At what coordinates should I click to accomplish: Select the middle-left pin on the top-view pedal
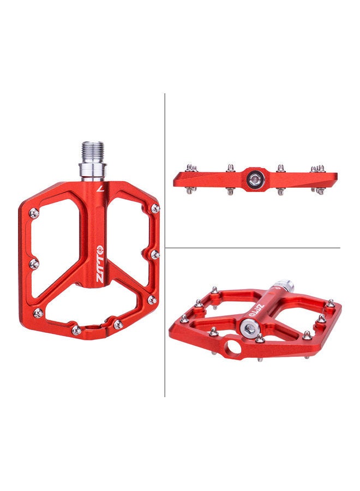(x=35, y=264)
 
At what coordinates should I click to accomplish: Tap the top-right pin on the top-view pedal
(x=155, y=208)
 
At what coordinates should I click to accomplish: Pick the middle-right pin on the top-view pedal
(x=155, y=254)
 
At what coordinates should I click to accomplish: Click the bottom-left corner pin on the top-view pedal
(x=38, y=313)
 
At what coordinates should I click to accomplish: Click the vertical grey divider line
(x=165, y=245)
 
